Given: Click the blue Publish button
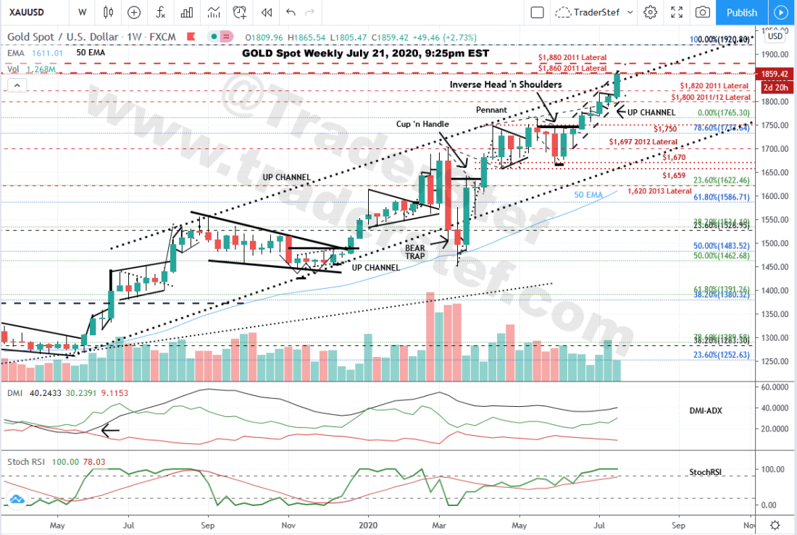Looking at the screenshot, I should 741,12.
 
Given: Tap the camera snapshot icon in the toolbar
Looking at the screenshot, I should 702,12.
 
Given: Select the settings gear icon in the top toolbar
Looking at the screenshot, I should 650,12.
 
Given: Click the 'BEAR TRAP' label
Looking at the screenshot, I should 415,251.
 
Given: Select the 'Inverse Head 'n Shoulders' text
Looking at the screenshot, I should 505,85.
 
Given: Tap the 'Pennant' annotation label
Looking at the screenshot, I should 491,110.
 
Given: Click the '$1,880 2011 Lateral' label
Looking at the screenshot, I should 572,57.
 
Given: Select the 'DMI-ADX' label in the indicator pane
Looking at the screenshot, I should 705,410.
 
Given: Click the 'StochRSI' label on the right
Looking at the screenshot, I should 705,473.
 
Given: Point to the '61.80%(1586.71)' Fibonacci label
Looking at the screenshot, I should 722,196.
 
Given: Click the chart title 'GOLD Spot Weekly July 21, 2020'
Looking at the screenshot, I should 366,53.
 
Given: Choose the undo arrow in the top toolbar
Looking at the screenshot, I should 291,12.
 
